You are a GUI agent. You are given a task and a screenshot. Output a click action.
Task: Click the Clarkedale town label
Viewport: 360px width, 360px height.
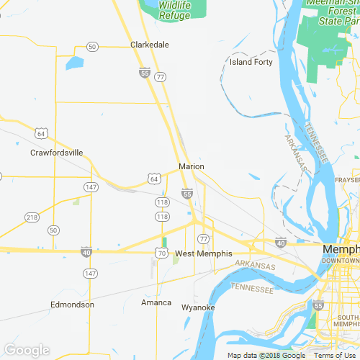150,45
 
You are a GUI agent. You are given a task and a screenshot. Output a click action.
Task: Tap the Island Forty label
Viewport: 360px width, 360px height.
251,62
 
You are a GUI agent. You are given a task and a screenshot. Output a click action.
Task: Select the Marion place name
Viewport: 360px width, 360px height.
192,166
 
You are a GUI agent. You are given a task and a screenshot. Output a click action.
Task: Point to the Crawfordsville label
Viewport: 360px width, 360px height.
57,153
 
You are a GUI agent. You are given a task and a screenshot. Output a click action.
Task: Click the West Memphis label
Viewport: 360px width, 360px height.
204,254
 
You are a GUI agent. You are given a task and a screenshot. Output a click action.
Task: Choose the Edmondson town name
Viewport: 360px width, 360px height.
72,305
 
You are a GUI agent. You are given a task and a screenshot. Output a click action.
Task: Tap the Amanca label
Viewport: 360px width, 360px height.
156,302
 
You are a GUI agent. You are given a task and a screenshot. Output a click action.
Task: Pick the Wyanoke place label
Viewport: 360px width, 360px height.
198,307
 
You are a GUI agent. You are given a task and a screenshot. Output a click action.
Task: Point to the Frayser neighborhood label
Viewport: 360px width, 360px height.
348,179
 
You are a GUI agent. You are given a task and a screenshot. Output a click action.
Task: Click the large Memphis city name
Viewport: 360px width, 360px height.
341,249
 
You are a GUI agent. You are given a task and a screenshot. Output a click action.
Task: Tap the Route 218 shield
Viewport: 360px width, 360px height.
32,217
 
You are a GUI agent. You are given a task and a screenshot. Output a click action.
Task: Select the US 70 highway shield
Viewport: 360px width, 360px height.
161,253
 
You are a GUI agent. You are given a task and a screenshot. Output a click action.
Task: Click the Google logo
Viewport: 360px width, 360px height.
27,351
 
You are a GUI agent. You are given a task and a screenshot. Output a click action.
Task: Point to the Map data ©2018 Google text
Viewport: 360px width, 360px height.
266,356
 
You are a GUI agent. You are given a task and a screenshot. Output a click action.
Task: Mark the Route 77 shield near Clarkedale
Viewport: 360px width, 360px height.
160,76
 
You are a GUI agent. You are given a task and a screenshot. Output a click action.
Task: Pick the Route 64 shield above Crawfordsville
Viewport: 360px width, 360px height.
41,134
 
